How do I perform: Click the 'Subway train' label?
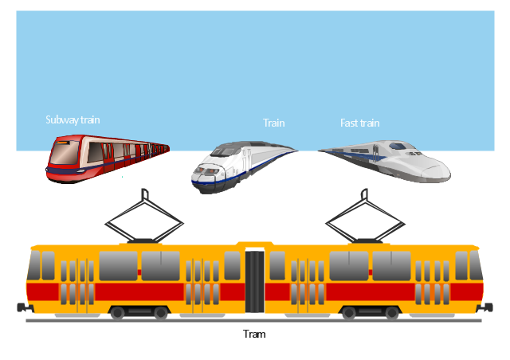click(73, 120)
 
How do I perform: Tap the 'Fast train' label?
click(359, 123)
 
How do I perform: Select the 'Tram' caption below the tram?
click(254, 334)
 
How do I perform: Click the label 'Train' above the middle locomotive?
click(273, 123)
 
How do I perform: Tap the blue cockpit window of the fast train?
click(398, 146)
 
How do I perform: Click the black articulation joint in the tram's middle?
click(255, 282)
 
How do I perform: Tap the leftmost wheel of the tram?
click(117, 313)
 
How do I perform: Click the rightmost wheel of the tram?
click(392, 313)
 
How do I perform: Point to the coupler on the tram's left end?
click(25, 307)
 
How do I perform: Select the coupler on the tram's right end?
click(484, 307)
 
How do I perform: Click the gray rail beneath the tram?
click(253, 321)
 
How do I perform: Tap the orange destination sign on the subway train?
click(62, 143)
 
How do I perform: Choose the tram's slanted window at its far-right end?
click(477, 265)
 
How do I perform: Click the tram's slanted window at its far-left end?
click(33, 265)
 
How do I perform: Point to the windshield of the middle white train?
click(225, 151)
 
